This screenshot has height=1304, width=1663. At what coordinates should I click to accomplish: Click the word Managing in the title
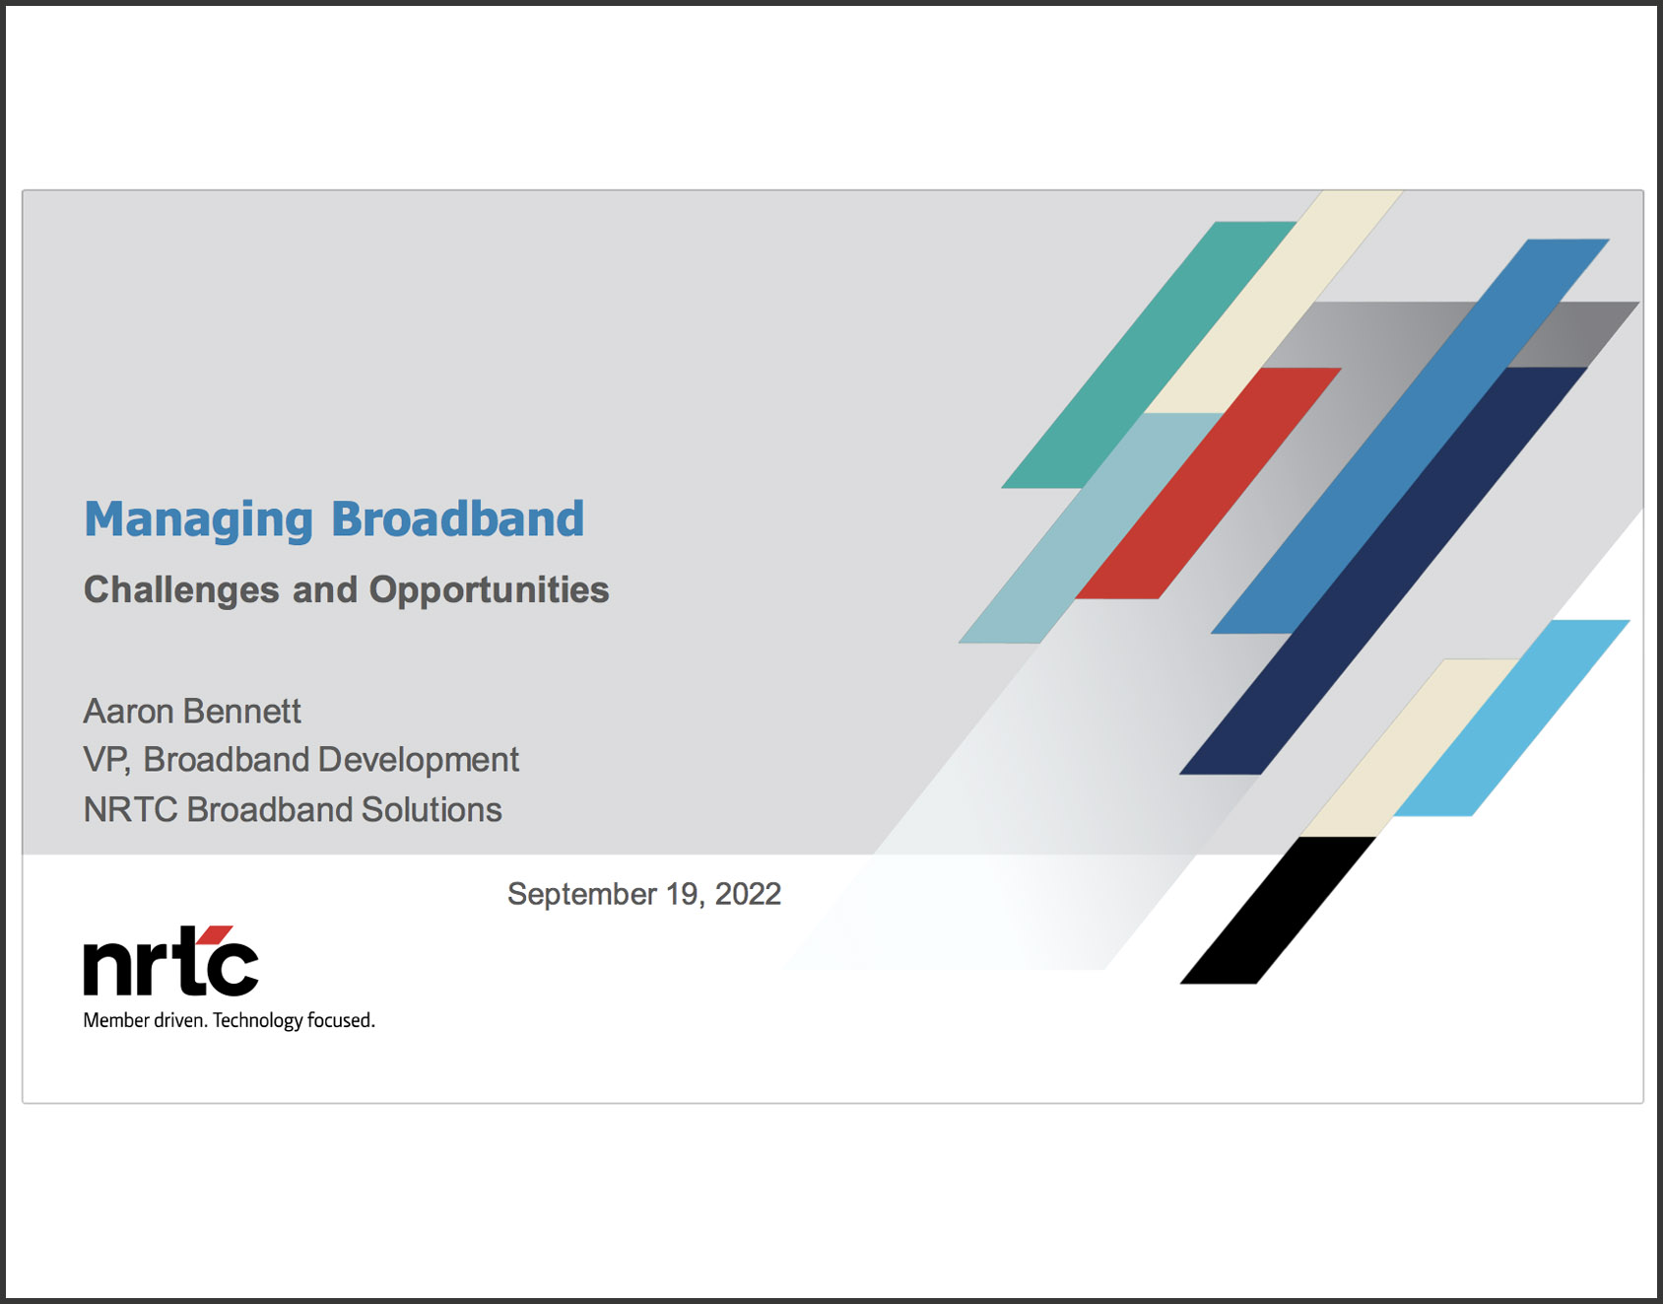pos(198,520)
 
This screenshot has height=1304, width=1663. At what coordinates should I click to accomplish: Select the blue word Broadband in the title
pos(457,518)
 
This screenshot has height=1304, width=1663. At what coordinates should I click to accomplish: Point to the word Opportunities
pos(489,590)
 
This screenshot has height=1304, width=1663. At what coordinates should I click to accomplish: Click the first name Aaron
pos(128,711)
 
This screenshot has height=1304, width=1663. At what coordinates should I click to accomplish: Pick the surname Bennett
pos(241,711)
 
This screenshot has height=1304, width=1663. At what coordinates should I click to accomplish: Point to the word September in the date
pos(582,894)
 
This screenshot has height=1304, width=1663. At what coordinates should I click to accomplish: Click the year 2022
pos(748,894)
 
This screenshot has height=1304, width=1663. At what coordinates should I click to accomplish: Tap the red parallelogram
pos(1208,483)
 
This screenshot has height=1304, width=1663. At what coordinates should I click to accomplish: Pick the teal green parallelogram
pos(1148,355)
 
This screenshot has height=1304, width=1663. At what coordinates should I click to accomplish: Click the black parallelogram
pos(1278,910)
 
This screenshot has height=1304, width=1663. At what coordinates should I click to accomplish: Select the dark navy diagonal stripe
pos(1383,571)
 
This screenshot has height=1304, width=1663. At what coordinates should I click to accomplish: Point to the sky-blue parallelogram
pos(1512,718)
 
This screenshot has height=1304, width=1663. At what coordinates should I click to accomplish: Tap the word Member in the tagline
pos(116,1020)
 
